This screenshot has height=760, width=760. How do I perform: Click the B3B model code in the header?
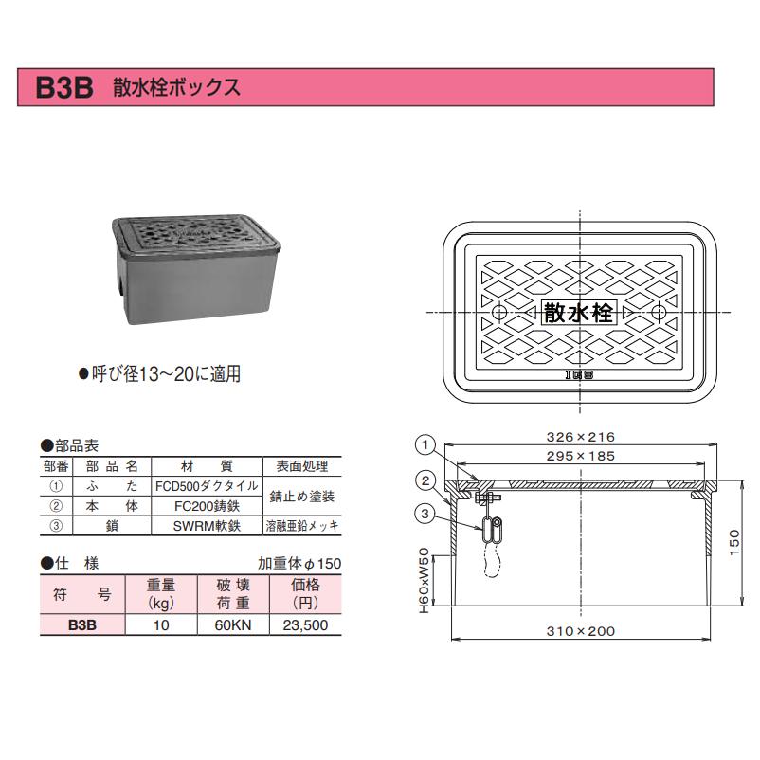click(x=63, y=88)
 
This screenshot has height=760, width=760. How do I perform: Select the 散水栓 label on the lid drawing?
click(x=579, y=313)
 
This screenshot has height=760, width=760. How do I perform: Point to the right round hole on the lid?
click(x=659, y=313)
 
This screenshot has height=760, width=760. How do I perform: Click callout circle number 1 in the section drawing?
click(x=426, y=443)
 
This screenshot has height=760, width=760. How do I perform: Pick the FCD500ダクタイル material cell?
click(x=206, y=485)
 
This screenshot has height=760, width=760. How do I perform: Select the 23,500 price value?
click(x=305, y=625)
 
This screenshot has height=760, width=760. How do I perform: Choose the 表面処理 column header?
click(x=301, y=466)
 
